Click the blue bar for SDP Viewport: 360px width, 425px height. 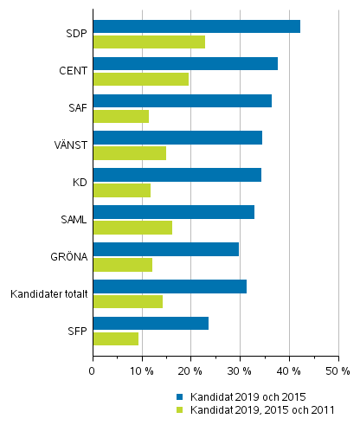click(x=196, y=26)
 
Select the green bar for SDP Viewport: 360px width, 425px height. click(x=149, y=42)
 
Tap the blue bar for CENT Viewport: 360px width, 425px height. click(x=185, y=63)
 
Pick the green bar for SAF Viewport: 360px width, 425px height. click(x=120, y=116)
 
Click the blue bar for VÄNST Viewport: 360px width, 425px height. click(x=177, y=138)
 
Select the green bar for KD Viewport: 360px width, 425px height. click(x=121, y=190)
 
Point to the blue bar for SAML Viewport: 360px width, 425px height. click(x=173, y=212)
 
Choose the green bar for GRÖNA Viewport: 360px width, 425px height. click(x=122, y=265)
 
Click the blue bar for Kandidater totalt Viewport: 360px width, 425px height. click(x=170, y=287)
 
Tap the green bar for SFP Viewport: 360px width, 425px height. click(x=115, y=339)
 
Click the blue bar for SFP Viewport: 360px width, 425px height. click(x=151, y=324)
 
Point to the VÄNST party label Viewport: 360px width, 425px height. click(x=69, y=145)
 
